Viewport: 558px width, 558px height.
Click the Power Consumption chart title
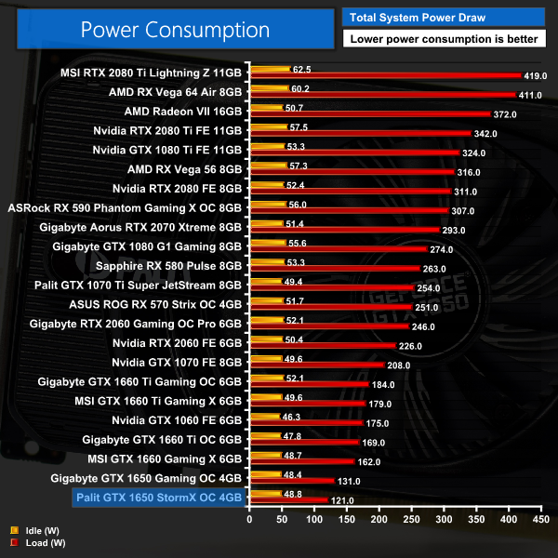(175, 29)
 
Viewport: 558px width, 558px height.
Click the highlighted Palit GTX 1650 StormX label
(156, 497)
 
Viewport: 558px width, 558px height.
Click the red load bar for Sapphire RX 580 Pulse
(330, 270)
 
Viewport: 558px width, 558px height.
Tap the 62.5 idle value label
(301, 69)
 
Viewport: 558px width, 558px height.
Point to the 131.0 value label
(347, 481)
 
